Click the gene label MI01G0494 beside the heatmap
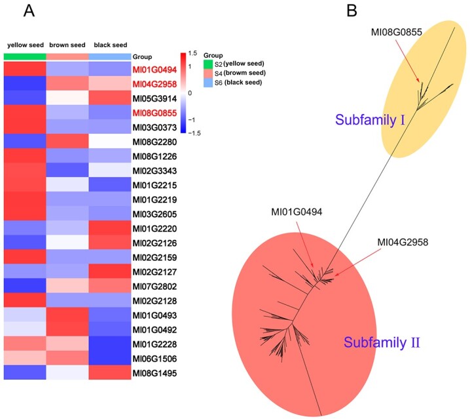click(154, 70)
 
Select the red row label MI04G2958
click(154, 84)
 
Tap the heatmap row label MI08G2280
click(154, 142)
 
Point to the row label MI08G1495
click(154, 373)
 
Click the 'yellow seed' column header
click(26, 45)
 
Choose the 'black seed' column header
click(111, 45)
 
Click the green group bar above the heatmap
click(25, 56)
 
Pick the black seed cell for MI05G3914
click(110, 98)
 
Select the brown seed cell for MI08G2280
click(67, 141)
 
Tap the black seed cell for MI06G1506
click(110, 358)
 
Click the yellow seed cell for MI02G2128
click(25, 300)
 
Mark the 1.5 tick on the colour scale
click(192, 54)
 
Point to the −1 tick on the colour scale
click(192, 120)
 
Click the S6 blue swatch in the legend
click(208, 83)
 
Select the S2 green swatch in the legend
click(208, 64)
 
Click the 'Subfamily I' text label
click(370, 120)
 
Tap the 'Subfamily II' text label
click(382, 342)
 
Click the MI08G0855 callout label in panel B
click(396, 32)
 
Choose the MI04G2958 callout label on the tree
click(403, 242)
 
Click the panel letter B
click(352, 11)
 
